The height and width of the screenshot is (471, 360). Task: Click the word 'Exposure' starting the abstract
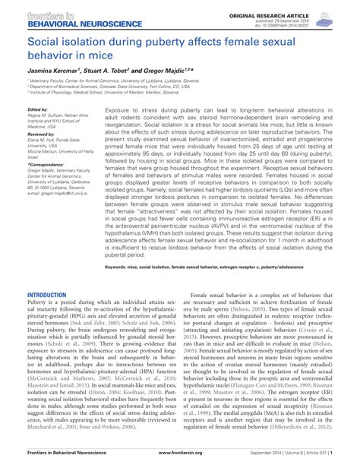(120, 109)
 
